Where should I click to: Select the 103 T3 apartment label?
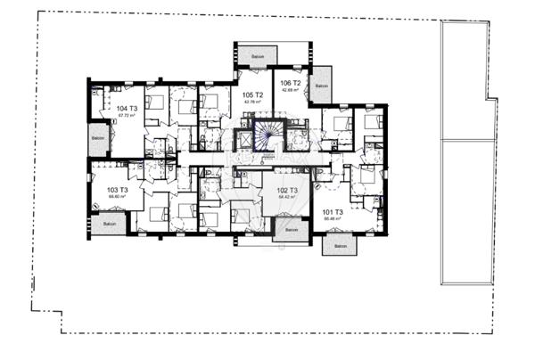coord(118,190)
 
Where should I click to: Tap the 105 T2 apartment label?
coord(252,94)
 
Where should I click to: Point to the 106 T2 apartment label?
coord(291,83)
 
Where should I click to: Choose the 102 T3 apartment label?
coord(286,190)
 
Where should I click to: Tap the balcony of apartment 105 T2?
coord(259,56)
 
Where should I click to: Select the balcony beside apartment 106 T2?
coord(321,86)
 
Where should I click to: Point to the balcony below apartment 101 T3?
coord(339,246)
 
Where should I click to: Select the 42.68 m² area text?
coord(291,90)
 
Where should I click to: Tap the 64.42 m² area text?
coord(286,197)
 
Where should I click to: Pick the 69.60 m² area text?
coord(118,197)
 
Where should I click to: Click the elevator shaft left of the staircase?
coord(243,139)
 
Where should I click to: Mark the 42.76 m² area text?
coord(252,102)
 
